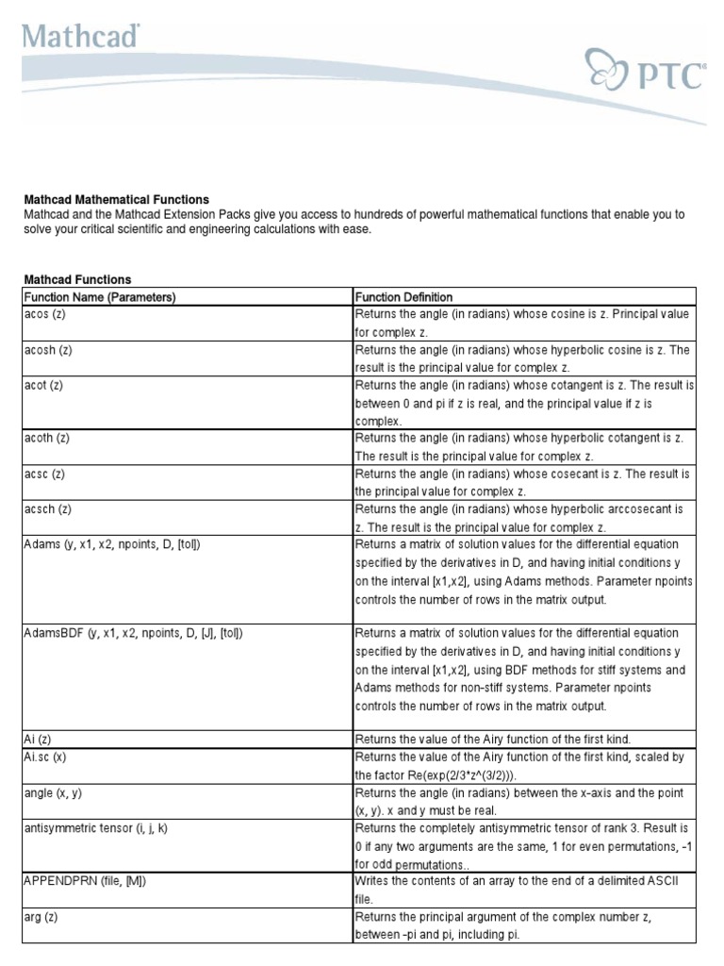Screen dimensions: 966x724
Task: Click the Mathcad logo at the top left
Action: pyautogui.click(x=82, y=37)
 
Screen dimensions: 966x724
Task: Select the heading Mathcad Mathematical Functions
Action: pyautogui.click(x=116, y=200)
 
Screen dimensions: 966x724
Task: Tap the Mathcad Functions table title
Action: pyautogui.click(x=77, y=279)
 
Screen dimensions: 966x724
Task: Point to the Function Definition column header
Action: pyautogui.click(x=403, y=297)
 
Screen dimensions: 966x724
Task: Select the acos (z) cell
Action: pyautogui.click(x=44, y=314)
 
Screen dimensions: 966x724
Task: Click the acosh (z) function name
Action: pyautogui.click(x=47, y=350)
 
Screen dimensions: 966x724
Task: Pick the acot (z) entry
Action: pyautogui.click(x=43, y=386)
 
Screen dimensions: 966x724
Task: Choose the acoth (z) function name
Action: pyautogui.click(x=47, y=439)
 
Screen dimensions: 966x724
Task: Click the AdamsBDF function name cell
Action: pyautogui.click(x=133, y=634)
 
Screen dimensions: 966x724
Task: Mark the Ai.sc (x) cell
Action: pyautogui.click(x=44, y=757)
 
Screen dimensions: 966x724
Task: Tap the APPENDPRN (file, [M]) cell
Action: pyautogui.click(x=85, y=881)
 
